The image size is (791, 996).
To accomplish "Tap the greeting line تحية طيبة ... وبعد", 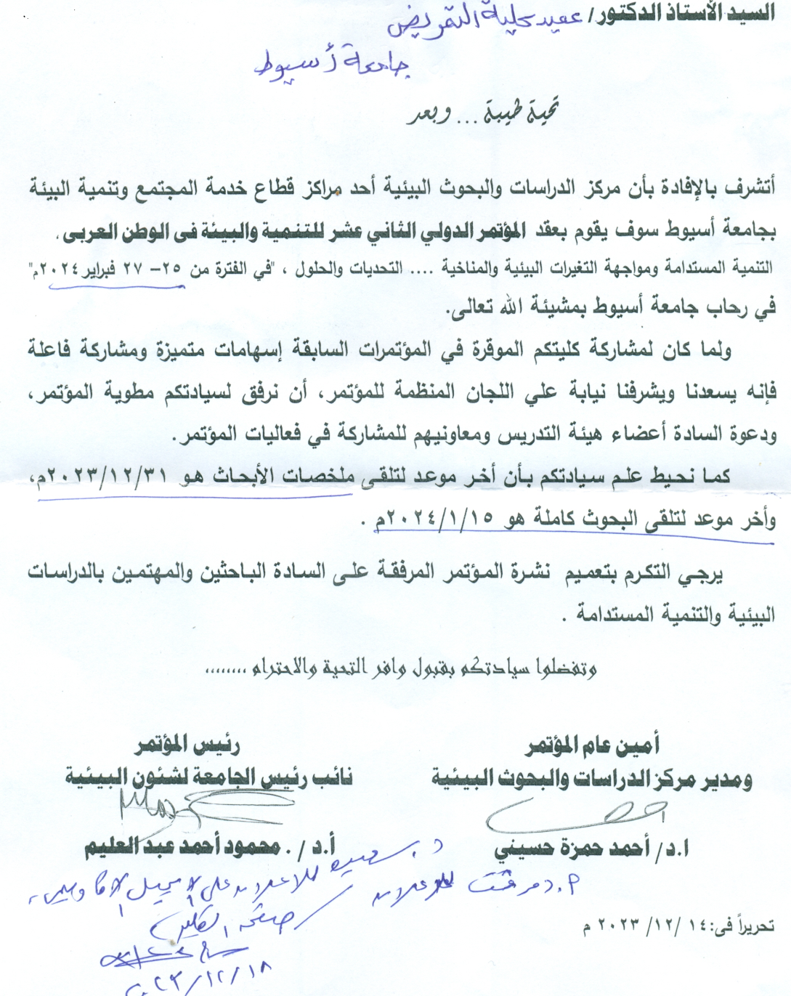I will coord(483,115).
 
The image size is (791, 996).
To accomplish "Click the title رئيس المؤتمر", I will coord(187,745).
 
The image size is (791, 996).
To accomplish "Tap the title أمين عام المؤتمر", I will coord(593,745).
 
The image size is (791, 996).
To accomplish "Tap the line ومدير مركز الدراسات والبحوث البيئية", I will coord(592,780).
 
